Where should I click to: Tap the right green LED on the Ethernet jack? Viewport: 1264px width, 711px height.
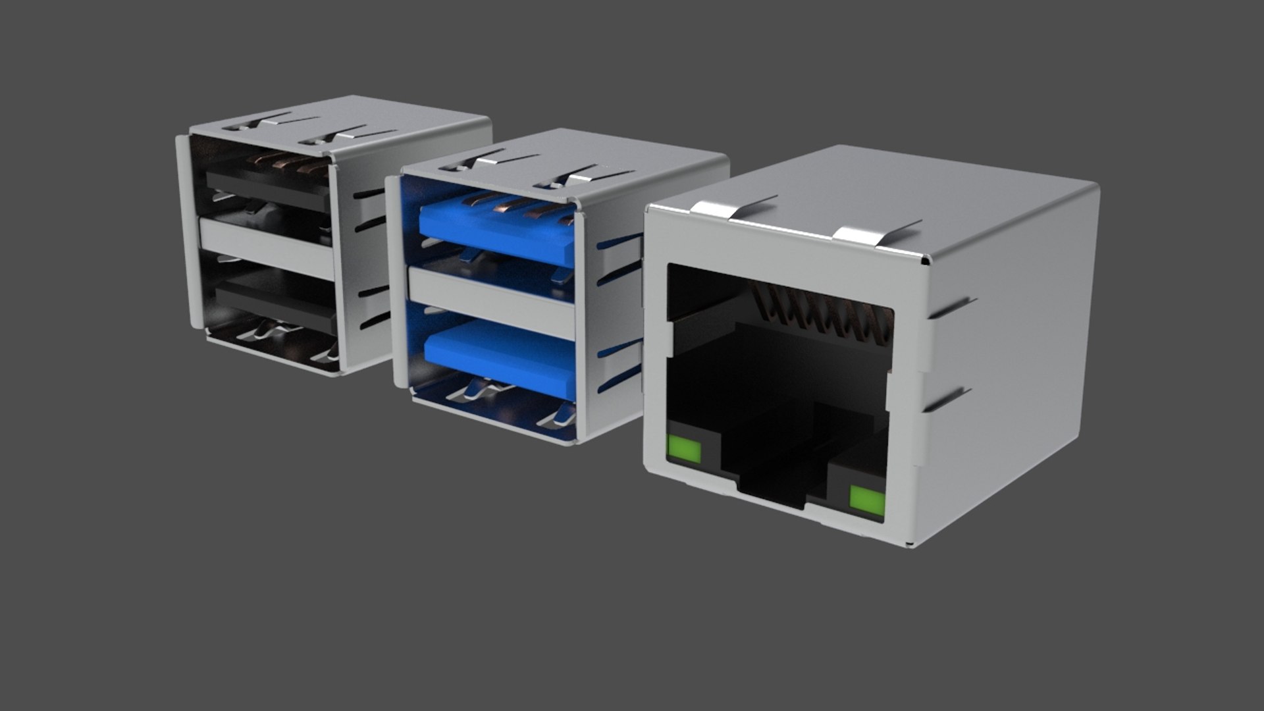tap(866, 498)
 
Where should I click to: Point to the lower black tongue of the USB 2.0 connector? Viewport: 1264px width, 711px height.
tap(276, 306)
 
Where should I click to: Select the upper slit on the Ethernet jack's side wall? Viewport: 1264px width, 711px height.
tap(951, 308)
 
